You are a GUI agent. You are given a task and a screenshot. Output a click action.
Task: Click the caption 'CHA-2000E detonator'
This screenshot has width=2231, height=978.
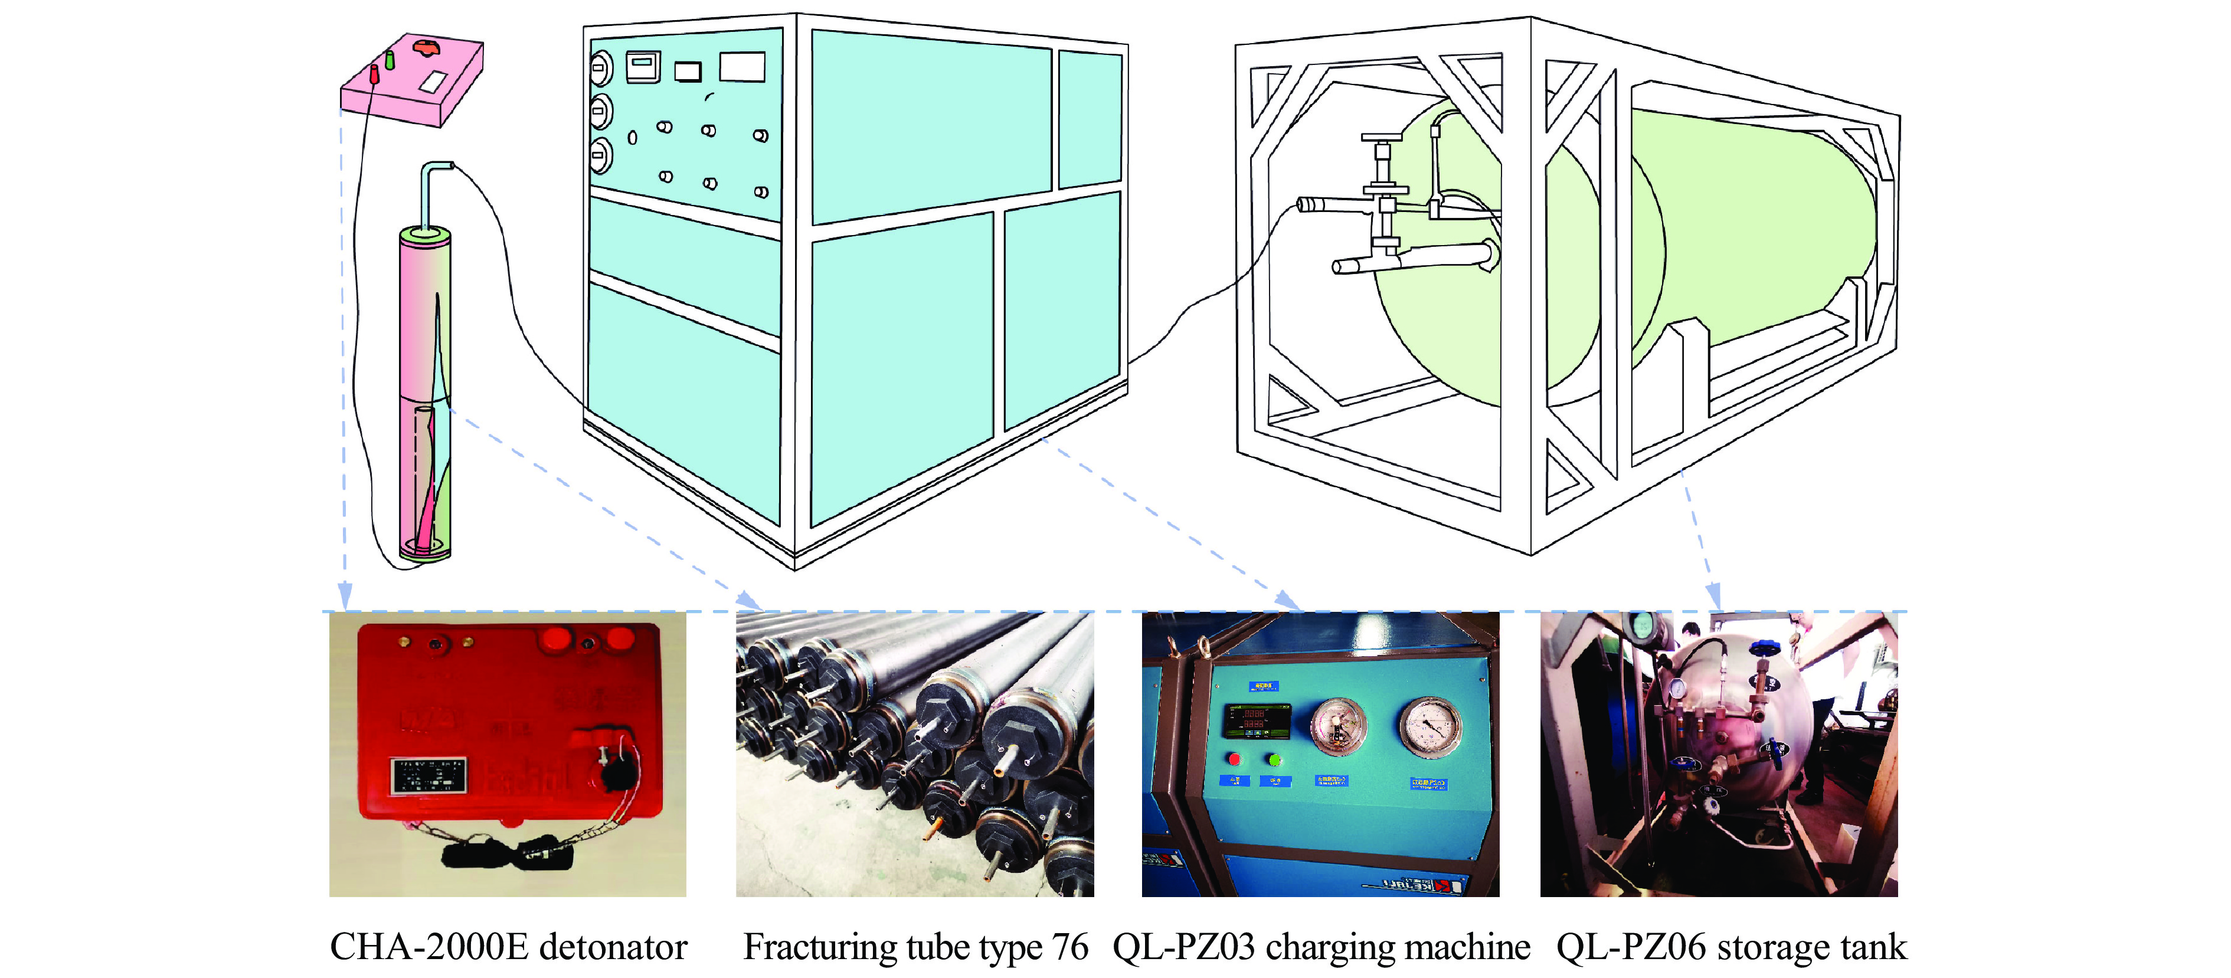pyautogui.click(x=508, y=947)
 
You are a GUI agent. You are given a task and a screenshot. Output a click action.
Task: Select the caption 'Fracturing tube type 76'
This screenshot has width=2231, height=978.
pyautogui.click(x=915, y=947)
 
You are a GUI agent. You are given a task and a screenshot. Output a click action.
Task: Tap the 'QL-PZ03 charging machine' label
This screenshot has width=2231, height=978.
pyautogui.click(x=1321, y=947)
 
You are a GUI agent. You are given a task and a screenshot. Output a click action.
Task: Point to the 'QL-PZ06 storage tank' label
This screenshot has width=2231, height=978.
pyautogui.click(x=1731, y=947)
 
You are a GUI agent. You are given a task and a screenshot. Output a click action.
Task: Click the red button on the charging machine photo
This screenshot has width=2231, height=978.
pyautogui.click(x=1234, y=759)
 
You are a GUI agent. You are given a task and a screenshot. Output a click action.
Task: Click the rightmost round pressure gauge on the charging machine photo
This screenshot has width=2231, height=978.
pyautogui.click(x=1430, y=726)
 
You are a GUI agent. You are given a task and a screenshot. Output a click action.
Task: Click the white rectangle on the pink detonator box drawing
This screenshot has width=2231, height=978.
pyautogui.click(x=433, y=81)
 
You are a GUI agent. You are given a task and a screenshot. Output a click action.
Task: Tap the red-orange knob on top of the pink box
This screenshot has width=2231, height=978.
pyautogui.click(x=427, y=46)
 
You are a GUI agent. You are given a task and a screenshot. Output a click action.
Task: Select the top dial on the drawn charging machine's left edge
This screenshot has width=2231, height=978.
pyautogui.click(x=600, y=67)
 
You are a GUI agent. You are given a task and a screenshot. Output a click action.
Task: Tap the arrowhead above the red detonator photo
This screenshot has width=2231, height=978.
pyautogui.click(x=345, y=596)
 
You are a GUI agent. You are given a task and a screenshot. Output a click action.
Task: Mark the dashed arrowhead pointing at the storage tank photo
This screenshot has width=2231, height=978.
pyautogui.click(x=1712, y=596)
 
